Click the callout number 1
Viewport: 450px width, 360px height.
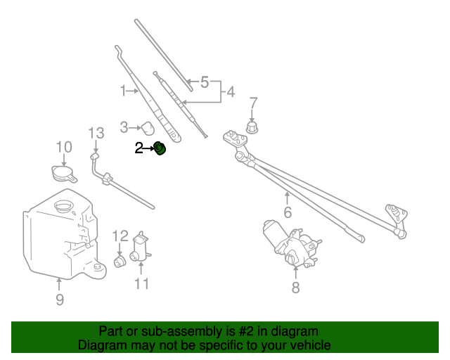[123, 91]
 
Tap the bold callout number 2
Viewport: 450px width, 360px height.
[139, 148]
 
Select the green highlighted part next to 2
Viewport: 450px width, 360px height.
[160, 148]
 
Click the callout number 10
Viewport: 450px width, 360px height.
[64, 146]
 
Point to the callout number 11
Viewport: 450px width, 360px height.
[142, 283]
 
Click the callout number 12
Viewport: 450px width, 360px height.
[120, 236]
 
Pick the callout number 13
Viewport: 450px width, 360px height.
[96, 132]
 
